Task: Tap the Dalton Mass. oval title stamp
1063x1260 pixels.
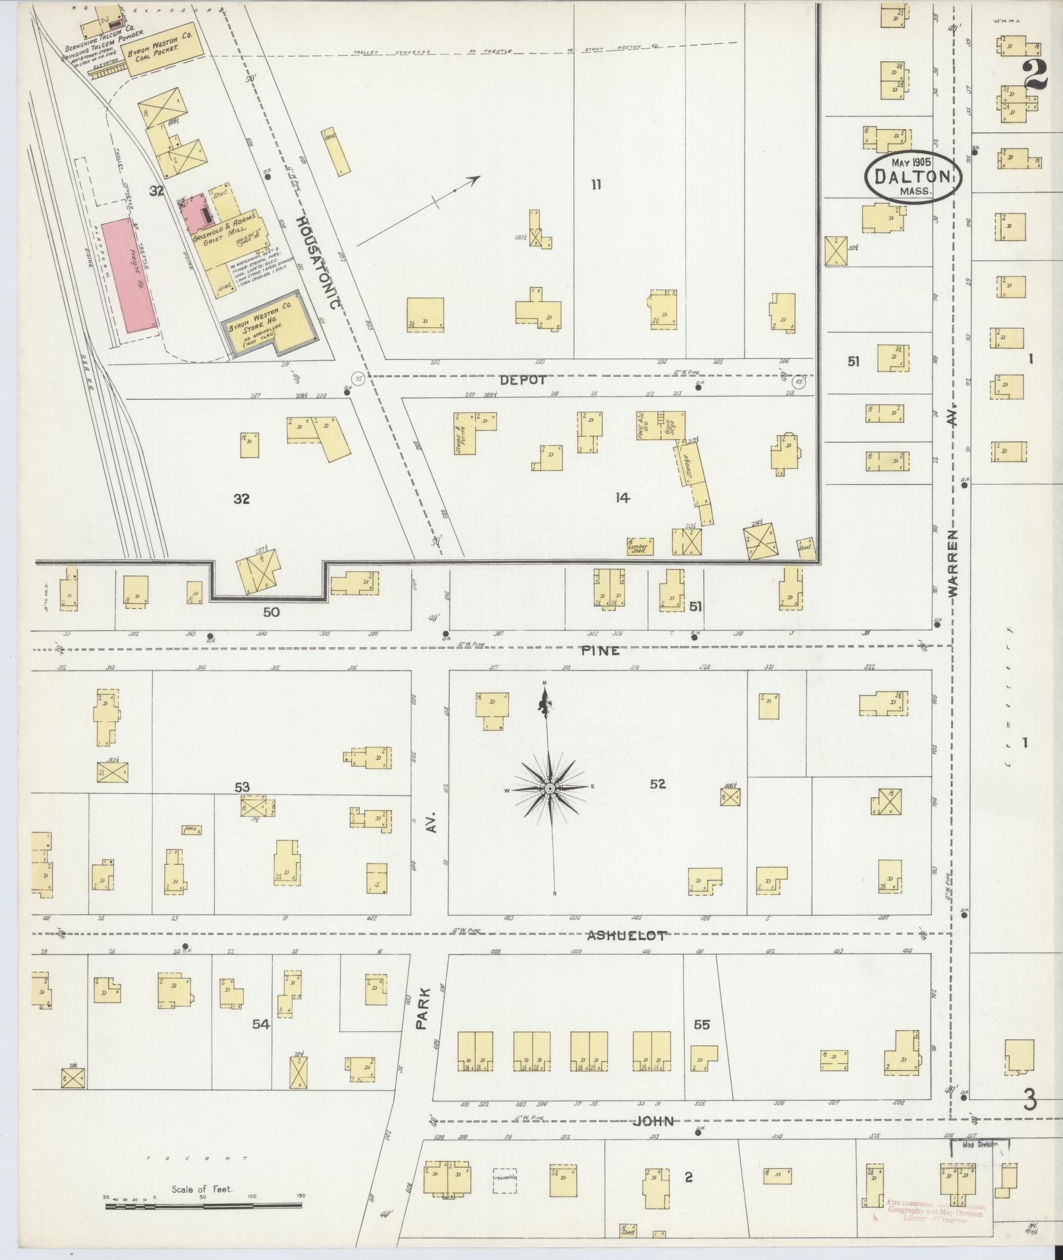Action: tap(913, 177)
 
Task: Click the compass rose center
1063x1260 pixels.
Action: tap(549, 788)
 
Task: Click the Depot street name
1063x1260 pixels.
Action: tap(523, 380)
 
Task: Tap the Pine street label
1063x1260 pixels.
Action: tap(600, 650)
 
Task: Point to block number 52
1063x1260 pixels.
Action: tap(657, 784)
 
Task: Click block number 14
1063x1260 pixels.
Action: tap(622, 498)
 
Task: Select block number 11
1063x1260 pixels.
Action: tap(595, 185)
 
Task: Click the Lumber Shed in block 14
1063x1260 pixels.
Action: tap(639, 546)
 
